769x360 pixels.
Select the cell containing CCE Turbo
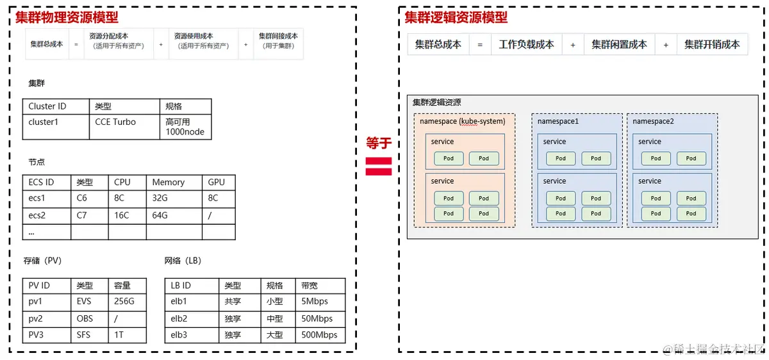tap(115, 122)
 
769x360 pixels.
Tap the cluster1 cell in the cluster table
tap(44, 122)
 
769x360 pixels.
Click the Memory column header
tap(168, 183)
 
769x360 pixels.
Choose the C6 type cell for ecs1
tap(82, 199)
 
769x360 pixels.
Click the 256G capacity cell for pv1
tap(124, 301)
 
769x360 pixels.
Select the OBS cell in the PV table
tap(85, 318)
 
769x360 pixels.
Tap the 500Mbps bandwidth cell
tap(318, 334)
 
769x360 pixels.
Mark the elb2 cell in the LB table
tap(179, 318)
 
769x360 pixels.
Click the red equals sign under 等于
tap(378, 166)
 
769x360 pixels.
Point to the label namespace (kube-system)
tap(462, 121)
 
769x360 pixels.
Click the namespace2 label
tap(653, 121)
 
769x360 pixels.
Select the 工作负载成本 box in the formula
tap(526, 45)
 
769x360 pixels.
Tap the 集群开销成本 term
tap(711, 45)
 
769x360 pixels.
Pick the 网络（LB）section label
tap(183, 261)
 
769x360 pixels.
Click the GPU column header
tap(217, 183)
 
